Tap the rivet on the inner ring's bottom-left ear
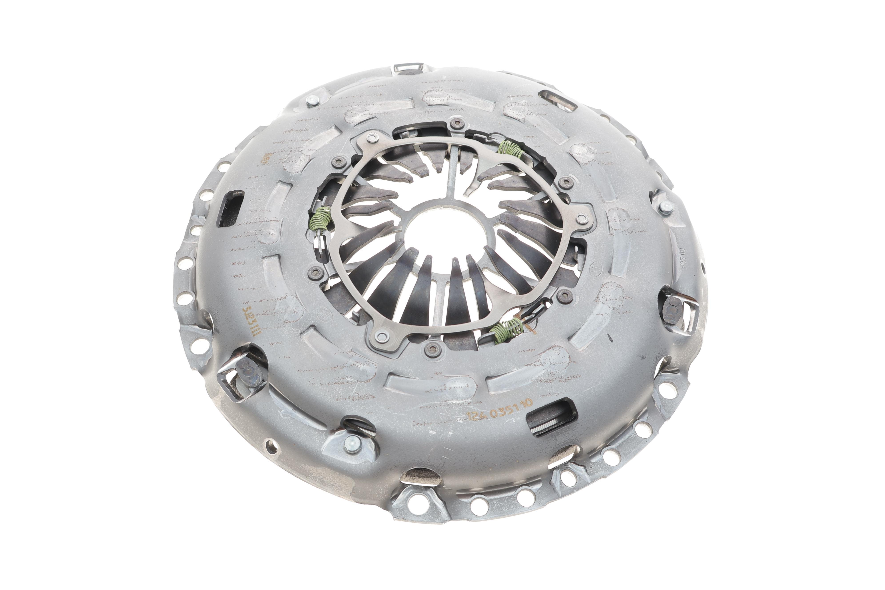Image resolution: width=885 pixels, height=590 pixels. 382,336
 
